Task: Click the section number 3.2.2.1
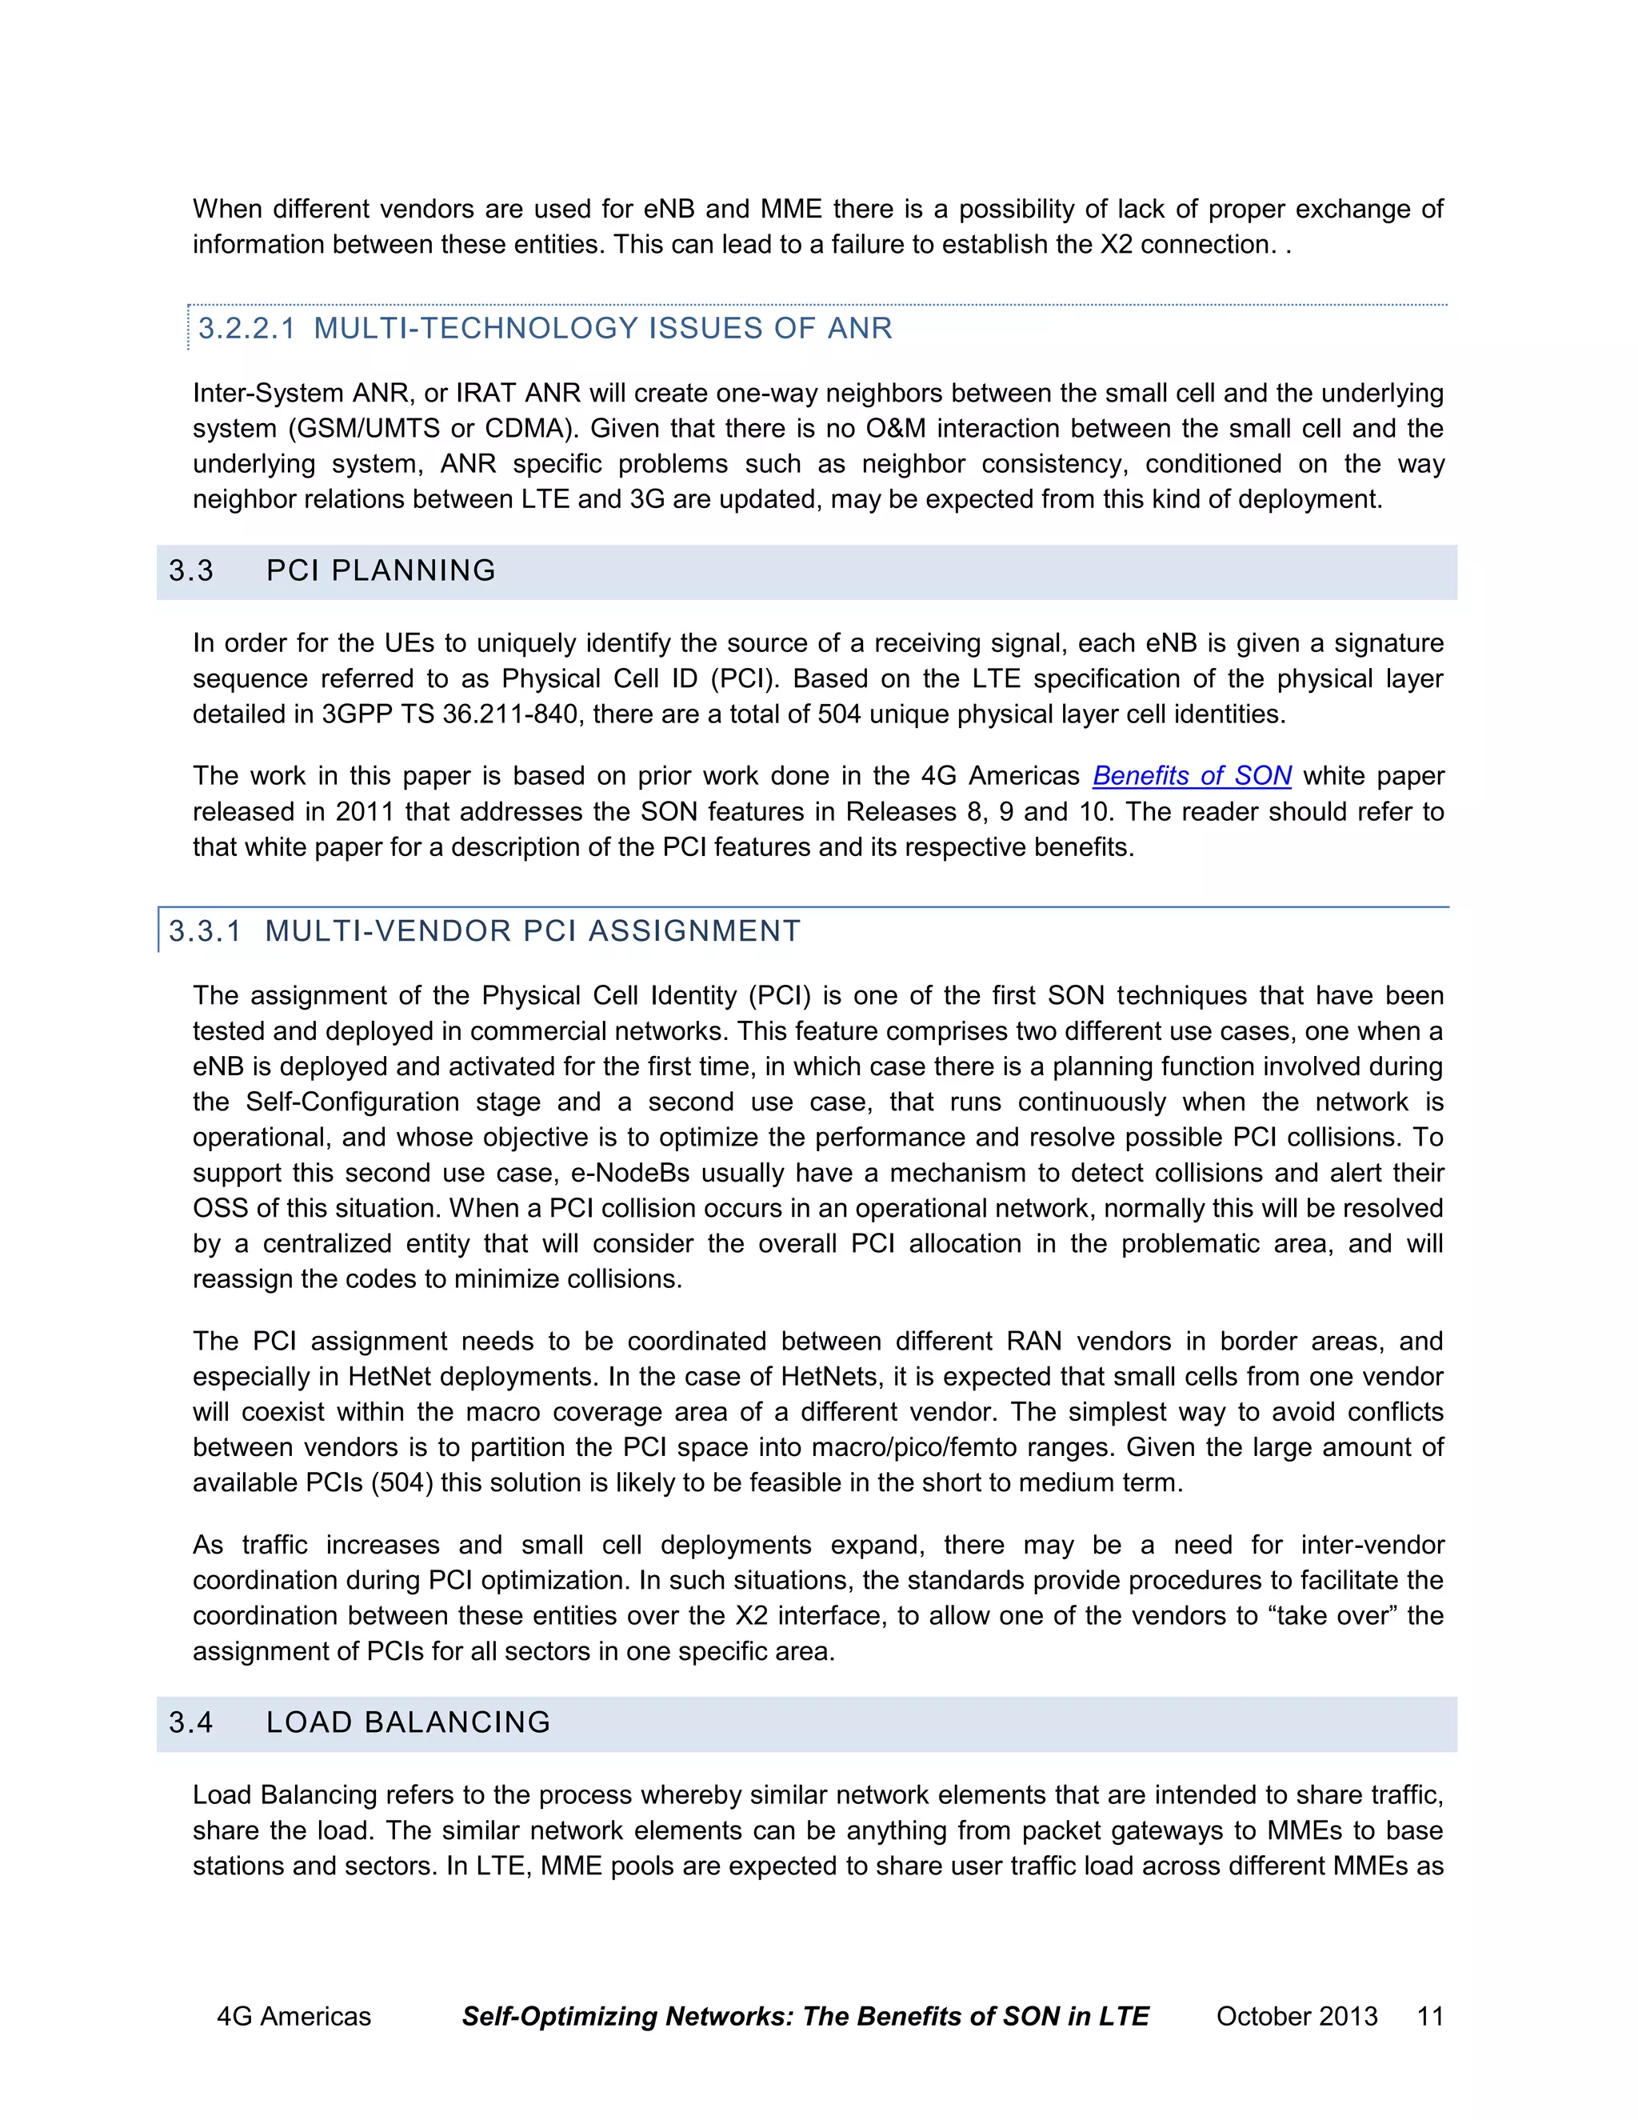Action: [x=246, y=328]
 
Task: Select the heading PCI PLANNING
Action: [x=381, y=570]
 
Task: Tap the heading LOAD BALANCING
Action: [x=408, y=1722]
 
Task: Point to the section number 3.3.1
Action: [x=205, y=932]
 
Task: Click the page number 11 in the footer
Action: [x=1429, y=2016]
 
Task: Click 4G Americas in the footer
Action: [x=293, y=2016]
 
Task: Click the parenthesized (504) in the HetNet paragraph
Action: [x=402, y=1483]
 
